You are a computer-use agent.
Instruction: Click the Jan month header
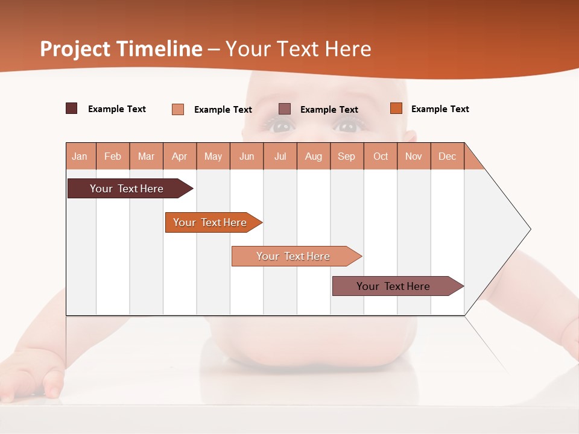(x=80, y=156)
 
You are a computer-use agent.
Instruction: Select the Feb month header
(x=113, y=156)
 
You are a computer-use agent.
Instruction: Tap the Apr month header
(x=180, y=156)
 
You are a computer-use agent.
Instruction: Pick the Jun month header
(x=247, y=156)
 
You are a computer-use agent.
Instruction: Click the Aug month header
(x=314, y=156)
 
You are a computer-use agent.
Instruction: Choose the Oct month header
(x=381, y=156)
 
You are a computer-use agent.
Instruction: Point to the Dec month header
(x=448, y=156)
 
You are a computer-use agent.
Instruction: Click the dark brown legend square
(x=72, y=108)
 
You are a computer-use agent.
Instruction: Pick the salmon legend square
(x=178, y=109)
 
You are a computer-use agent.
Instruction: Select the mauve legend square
(x=285, y=109)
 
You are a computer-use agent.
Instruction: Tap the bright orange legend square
(x=396, y=108)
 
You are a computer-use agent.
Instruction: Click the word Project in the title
(x=75, y=49)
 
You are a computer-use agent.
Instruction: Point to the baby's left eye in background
(x=347, y=126)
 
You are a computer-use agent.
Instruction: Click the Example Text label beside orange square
(x=440, y=109)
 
